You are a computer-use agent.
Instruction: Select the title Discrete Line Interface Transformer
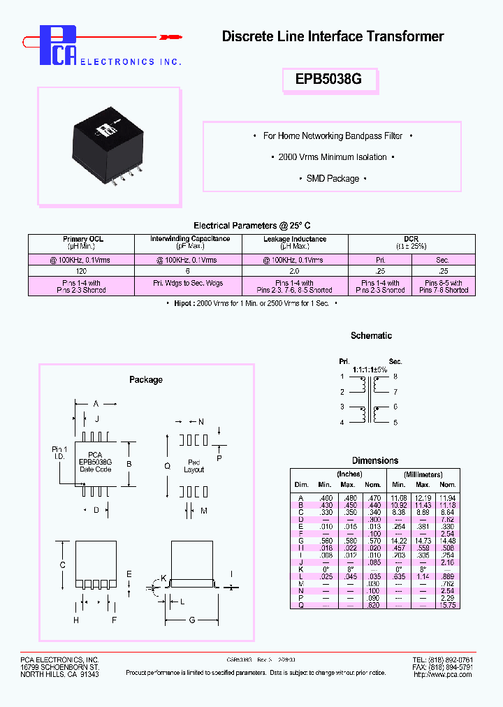(x=333, y=36)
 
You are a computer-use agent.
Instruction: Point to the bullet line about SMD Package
(x=333, y=179)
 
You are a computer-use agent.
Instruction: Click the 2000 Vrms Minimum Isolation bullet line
(x=333, y=157)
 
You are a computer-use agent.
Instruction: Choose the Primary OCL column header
(x=82, y=242)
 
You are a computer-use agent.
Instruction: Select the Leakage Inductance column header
(x=295, y=242)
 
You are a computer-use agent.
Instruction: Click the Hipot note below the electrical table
(x=251, y=303)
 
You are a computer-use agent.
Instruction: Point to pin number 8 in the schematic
(x=395, y=377)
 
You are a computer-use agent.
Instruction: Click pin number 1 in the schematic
(x=342, y=377)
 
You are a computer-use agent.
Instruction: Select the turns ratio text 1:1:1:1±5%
(x=370, y=369)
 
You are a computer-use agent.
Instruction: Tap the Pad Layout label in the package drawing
(x=194, y=466)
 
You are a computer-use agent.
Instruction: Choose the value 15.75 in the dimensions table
(x=448, y=605)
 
